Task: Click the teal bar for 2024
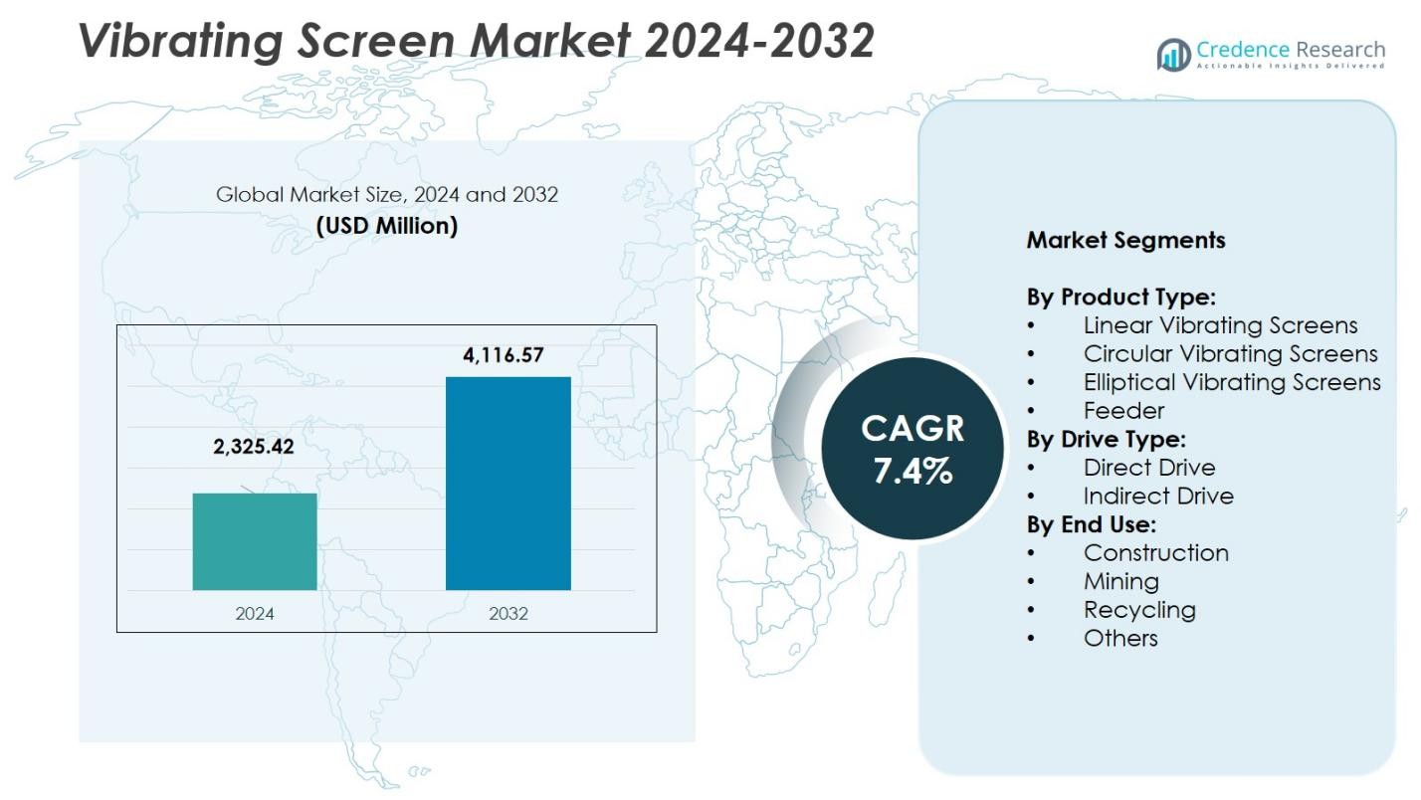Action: (255, 541)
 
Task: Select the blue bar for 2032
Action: (507, 483)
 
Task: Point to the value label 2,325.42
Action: (254, 447)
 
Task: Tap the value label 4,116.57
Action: (504, 355)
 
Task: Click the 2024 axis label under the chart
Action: (255, 614)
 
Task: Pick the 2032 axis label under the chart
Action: (507, 614)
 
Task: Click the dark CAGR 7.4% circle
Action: (913, 449)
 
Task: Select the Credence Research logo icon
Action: (1174, 54)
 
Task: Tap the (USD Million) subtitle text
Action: (387, 226)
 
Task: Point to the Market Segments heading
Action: (1125, 240)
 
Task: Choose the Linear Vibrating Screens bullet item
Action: (1220, 325)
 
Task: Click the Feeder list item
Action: (1123, 411)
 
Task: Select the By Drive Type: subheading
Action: (1107, 439)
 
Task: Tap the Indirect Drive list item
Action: (1158, 497)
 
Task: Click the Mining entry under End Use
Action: (1121, 581)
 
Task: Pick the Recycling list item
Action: (1139, 610)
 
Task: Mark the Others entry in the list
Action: (1120, 639)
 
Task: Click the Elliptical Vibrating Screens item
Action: (1232, 382)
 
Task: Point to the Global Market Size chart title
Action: (387, 195)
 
